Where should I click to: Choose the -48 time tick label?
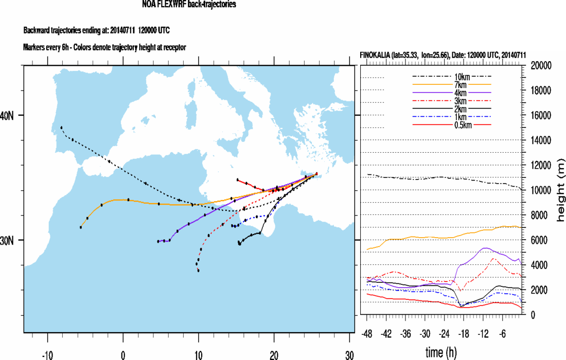[367, 334]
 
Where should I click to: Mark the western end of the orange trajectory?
[81, 227]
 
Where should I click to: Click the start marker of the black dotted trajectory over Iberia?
[61, 127]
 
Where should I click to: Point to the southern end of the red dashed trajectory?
[198, 270]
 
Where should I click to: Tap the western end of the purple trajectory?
[158, 241]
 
